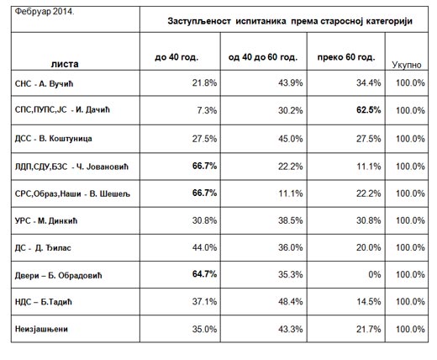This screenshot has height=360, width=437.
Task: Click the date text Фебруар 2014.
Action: click(45, 12)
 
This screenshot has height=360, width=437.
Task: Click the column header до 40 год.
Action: click(176, 57)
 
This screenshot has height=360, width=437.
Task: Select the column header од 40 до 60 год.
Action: click(263, 57)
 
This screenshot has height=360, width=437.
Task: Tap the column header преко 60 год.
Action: click(346, 57)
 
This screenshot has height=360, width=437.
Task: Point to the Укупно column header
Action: click(407, 65)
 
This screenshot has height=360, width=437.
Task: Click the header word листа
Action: click(65, 64)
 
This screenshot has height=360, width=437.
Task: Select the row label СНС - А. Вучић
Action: click(44, 84)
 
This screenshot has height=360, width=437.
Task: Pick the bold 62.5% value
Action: click(369, 110)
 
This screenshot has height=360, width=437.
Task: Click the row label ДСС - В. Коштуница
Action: click(53, 139)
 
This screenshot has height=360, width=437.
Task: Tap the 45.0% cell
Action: click(291, 139)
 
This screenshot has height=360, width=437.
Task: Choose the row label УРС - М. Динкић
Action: click(46, 221)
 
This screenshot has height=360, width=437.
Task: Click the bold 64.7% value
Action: click(204, 274)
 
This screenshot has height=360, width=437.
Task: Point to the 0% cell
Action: click(375, 274)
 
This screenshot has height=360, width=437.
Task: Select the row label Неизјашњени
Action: click(41, 329)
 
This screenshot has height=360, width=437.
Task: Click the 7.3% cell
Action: click(207, 110)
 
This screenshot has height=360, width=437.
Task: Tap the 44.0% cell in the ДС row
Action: click(204, 247)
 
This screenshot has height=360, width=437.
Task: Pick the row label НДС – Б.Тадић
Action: click(44, 302)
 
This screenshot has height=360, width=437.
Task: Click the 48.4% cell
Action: click(291, 302)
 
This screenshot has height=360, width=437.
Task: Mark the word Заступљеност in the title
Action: click(199, 22)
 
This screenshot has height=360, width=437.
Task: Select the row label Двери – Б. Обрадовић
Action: click(58, 276)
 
